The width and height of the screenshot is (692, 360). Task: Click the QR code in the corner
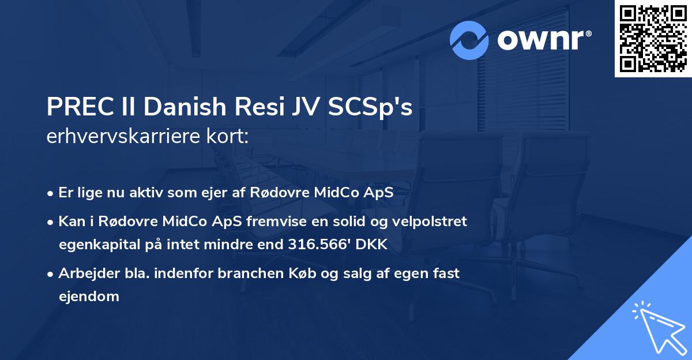[x=653, y=39]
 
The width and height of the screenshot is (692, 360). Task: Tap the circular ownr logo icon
[x=469, y=40]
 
